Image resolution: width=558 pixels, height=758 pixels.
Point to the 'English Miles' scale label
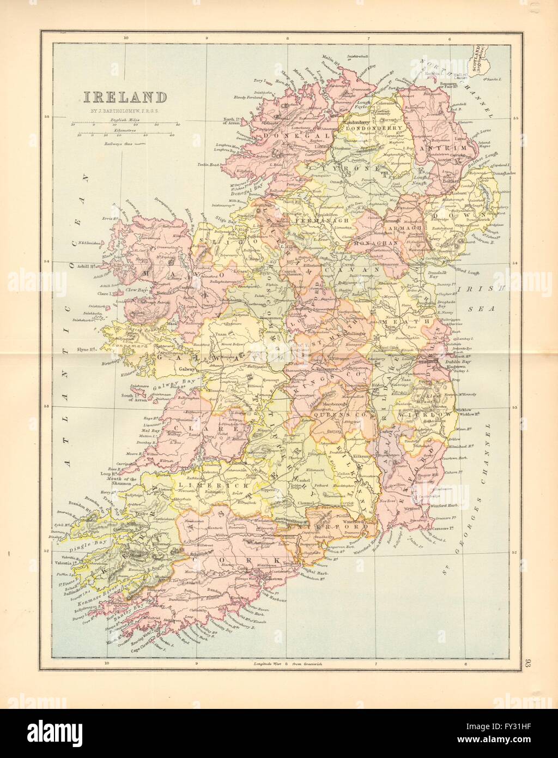point(125,118)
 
